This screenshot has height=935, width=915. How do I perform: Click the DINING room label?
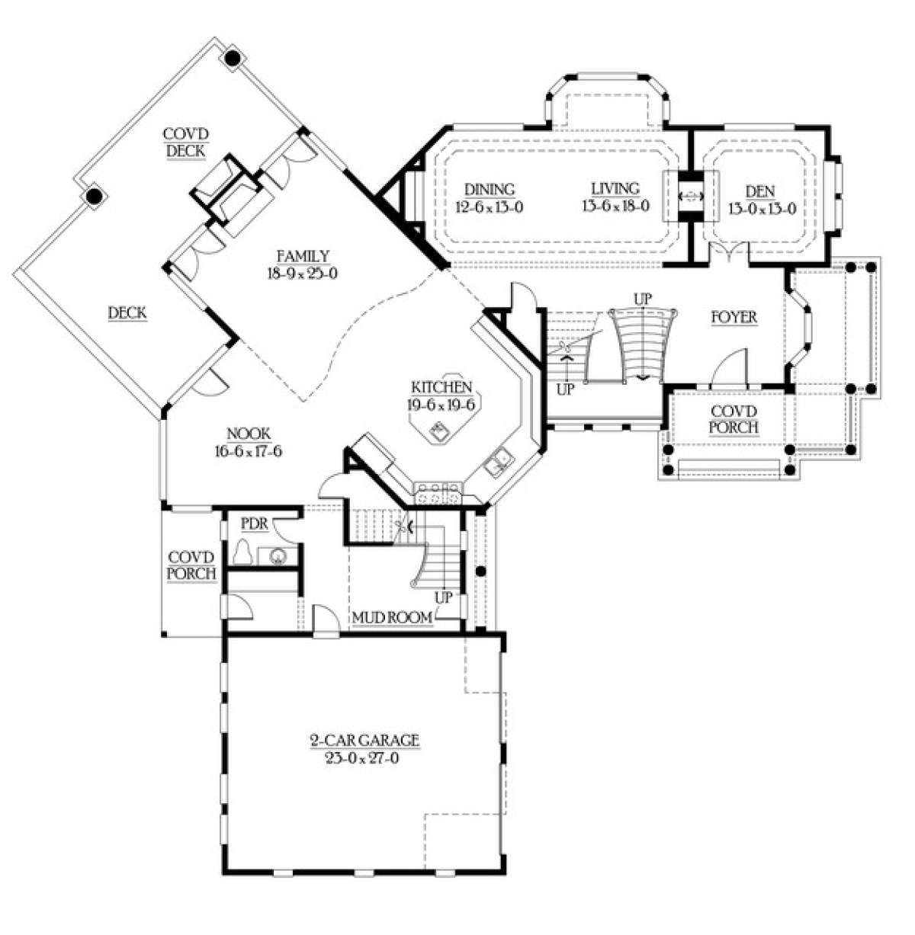coord(490,189)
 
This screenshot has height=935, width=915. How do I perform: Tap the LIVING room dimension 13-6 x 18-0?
coord(616,206)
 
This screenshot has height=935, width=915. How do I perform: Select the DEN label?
coord(760,192)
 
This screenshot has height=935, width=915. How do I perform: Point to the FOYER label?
coord(734,318)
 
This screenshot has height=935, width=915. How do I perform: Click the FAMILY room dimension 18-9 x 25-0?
coord(303,274)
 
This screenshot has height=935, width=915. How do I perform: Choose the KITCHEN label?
coord(442,387)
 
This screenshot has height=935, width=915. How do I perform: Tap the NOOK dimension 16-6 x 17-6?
coord(248,452)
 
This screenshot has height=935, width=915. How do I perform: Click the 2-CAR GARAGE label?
coord(364,741)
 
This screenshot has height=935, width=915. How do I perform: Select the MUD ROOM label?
coord(393,618)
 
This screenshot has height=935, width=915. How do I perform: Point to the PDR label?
coord(255,524)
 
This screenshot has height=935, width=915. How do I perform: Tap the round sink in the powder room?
coord(278,556)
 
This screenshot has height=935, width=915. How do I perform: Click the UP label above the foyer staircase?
coord(644,299)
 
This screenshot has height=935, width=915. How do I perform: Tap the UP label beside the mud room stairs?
coord(443,597)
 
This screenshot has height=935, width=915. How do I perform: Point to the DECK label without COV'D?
coord(127,313)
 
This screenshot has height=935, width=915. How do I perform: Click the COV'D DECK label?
coord(185,142)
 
